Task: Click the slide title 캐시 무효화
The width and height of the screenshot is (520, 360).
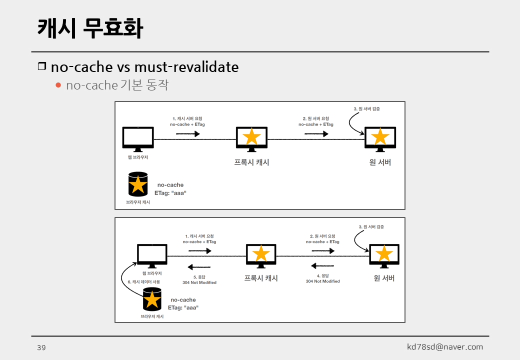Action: (90, 28)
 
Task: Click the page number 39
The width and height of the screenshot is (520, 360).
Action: (41, 347)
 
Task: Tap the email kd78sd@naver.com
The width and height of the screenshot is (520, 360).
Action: (445, 347)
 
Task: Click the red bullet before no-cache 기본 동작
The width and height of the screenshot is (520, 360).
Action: (58, 85)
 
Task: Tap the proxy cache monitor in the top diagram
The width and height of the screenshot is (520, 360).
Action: (251, 137)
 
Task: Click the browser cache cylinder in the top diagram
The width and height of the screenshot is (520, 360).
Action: (138, 184)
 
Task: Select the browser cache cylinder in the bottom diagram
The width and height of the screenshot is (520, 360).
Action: (152, 299)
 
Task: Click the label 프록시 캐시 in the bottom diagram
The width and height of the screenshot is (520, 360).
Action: (260, 278)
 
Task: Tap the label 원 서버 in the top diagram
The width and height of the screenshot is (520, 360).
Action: (380, 162)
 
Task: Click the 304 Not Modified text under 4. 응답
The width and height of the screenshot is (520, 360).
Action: (322, 281)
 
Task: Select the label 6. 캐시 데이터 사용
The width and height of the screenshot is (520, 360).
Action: (144, 282)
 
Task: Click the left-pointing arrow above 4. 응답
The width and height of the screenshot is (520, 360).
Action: (322, 265)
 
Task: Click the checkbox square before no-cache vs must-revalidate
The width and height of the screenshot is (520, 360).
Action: (42, 66)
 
